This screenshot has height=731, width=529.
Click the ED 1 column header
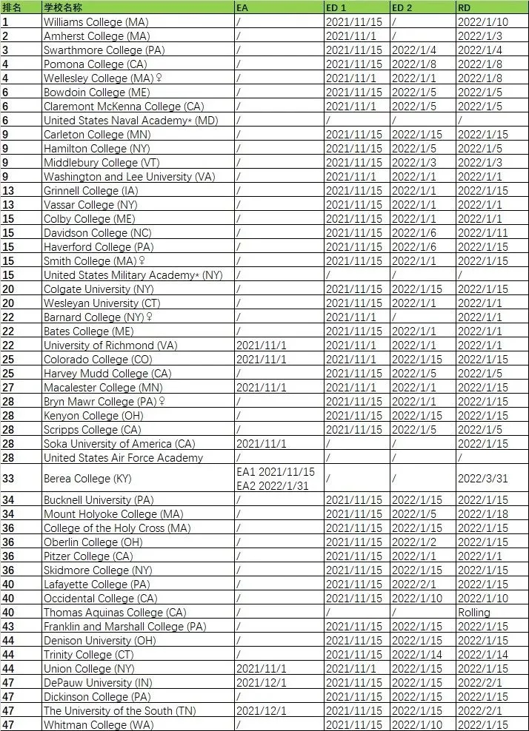[339, 7]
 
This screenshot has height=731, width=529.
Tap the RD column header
[466, 7]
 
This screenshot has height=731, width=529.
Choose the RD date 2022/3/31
[482, 479]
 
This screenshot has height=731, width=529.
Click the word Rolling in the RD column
[474, 612]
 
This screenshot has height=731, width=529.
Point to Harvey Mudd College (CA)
[107, 373]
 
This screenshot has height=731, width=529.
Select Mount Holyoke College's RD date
[482, 513]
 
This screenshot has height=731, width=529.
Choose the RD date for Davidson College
[482, 232]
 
